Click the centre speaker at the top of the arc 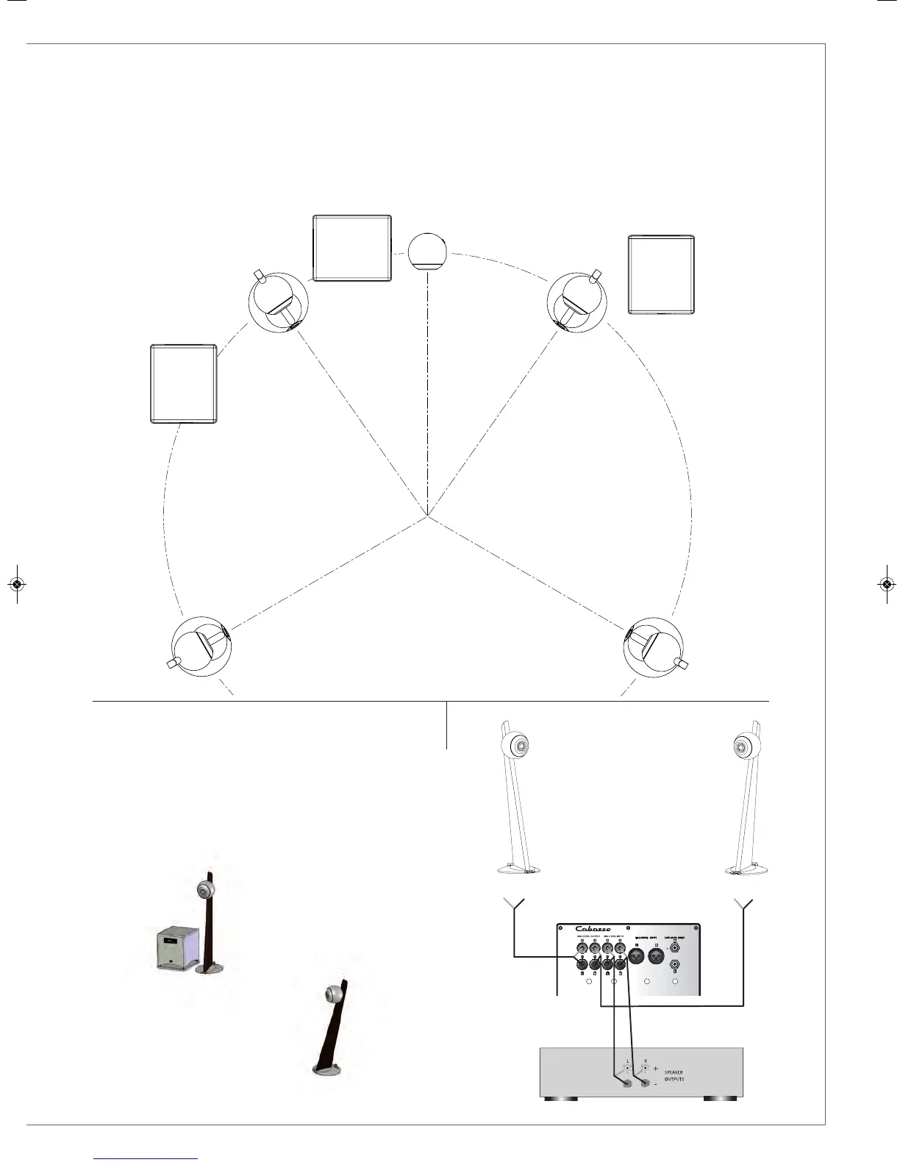427,252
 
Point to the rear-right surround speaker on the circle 654,647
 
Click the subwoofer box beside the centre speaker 352,248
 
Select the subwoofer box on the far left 183,383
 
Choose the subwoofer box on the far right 661,274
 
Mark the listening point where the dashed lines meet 427,517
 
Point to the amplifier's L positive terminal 627,1067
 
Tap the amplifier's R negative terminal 646,1083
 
